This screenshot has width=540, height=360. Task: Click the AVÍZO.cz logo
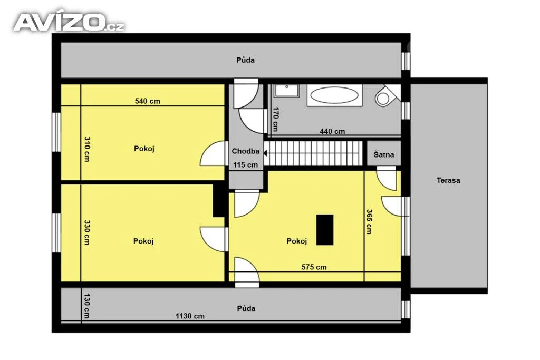click(x=69, y=22)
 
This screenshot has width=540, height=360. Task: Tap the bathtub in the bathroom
click(x=334, y=95)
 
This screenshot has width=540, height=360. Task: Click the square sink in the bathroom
click(x=286, y=91)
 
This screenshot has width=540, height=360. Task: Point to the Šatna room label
click(x=384, y=154)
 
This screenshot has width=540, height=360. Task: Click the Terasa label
click(x=448, y=180)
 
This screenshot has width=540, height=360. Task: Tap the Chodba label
click(x=246, y=151)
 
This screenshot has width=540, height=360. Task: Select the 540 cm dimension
click(x=148, y=101)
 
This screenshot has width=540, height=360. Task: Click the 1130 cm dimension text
click(x=190, y=316)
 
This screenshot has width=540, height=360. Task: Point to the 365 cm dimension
click(x=369, y=222)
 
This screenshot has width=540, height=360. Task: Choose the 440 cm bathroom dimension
click(x=332, y=131)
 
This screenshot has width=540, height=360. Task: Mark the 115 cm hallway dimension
click(x=245, y=165)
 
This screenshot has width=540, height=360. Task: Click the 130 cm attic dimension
click(x=86, y=306)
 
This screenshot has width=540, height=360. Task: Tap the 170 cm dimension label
click(x=275, y=119)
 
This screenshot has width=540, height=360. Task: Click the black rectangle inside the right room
click(x=325, y=230)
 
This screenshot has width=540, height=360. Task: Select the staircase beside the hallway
click(x=313, y=153)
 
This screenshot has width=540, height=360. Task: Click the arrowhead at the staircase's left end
click(x=266, y=153)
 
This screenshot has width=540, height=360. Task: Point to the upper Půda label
click(x=245, y=60)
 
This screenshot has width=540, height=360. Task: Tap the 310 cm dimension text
click(x=87, y=149)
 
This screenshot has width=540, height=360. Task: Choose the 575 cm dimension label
click(x=314, y=267)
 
